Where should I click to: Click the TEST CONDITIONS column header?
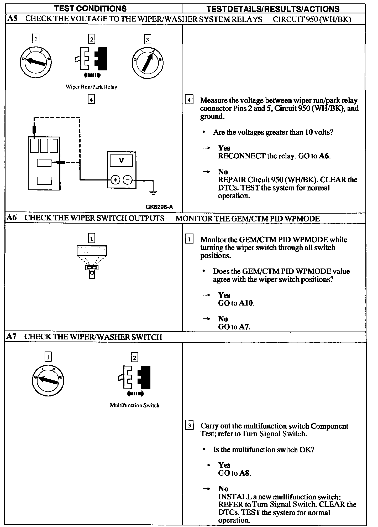(90, 8)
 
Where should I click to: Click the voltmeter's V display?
(121, 160)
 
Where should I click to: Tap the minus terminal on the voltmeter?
(128, 180)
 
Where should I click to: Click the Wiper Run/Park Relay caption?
(91, 87)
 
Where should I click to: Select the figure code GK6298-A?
(159, 207)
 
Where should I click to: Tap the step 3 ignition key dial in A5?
(148, 63)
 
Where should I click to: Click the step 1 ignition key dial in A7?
(48, 380)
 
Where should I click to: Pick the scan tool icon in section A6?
(92, 261)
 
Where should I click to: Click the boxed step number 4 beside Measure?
(189, 100)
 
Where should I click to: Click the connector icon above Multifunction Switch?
(134, 377)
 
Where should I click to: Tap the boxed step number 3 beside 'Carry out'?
(189, 425)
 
